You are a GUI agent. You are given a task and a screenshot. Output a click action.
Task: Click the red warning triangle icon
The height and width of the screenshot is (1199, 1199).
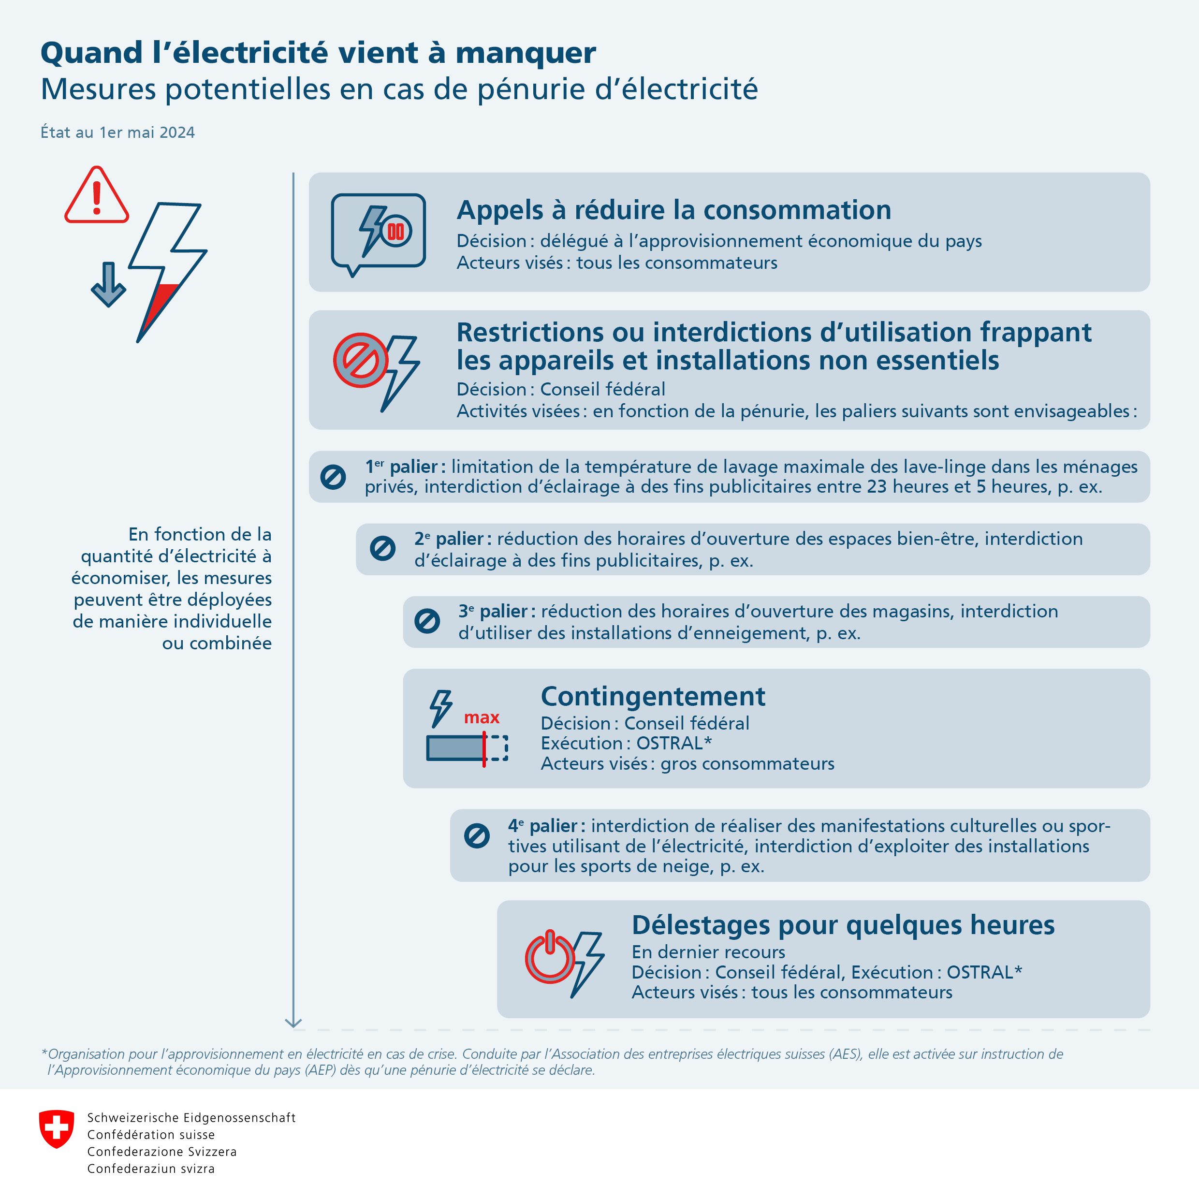(x=96, y=196)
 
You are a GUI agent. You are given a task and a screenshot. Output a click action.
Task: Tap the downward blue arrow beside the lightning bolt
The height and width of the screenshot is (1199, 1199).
(x=109, y=284)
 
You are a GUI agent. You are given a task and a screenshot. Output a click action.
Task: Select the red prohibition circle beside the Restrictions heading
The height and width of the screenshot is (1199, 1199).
(x=361, y=361)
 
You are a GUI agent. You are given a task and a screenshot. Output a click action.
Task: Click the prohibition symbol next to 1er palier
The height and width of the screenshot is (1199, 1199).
(x=333, y=477)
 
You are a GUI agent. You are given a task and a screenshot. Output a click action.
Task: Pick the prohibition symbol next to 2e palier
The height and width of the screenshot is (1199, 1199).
(x=382, y=549)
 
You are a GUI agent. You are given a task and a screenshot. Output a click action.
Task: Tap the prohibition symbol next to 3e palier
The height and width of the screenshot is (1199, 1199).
(x=427, y=621)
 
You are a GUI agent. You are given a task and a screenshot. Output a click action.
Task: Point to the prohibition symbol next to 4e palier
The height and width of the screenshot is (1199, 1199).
(x=477, y=835)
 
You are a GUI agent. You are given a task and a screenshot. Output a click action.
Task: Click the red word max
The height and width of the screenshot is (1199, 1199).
(x=482, y=718)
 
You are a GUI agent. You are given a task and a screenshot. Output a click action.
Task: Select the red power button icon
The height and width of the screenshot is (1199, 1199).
(x=549, y=958)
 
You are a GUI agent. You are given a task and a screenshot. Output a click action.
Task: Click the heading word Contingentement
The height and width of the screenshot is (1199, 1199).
(x=653, y=696)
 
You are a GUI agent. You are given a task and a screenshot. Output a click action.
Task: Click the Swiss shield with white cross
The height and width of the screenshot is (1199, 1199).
(x=57, y=1129)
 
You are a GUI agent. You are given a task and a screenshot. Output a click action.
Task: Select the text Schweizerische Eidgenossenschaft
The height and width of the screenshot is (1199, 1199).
(x=191, y=1118)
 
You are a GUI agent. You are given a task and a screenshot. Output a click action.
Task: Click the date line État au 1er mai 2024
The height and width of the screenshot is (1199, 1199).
(x=117, y=132)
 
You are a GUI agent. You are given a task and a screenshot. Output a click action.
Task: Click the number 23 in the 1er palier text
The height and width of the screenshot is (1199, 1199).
(x=877, y=486)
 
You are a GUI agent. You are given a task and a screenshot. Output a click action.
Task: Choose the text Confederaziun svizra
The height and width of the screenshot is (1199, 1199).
(x=151, y=1169)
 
